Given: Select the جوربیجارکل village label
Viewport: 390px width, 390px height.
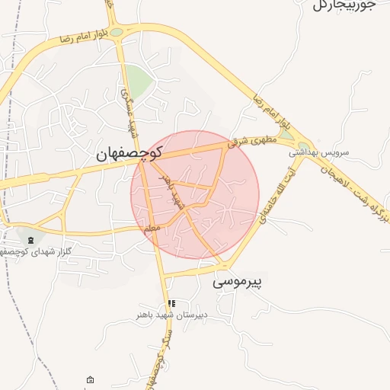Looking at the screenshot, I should [x=344, y=6].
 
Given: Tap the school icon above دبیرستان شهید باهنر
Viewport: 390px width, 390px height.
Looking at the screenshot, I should [x=171, y=303].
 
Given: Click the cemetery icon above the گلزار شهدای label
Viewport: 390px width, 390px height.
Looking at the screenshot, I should [x=30, y=240].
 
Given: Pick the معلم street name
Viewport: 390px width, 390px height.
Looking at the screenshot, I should [x=151, y=228].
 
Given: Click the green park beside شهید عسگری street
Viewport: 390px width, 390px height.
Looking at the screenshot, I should [x=139, y=78].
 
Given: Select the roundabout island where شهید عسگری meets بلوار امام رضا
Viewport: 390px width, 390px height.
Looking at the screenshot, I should [x=116, y=32].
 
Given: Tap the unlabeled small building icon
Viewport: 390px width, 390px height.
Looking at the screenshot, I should [x=91, y=380].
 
